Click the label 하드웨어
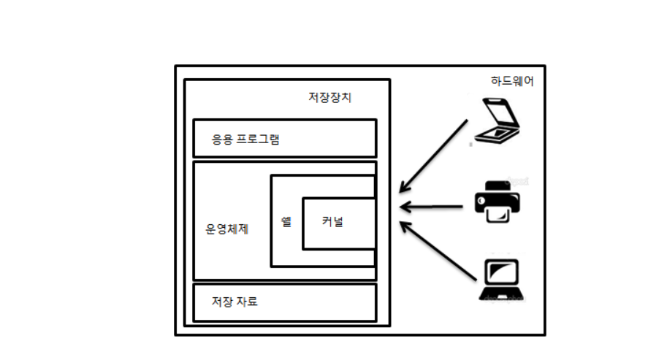click(x=512, y=82)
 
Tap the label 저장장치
click(x=330, y=98)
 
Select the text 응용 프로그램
click(x=245, y=139)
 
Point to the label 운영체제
click(x=227, y=229)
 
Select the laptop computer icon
click(x=502, y=280)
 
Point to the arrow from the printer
click(x=435, y=207)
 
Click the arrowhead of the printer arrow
click(x=404, y=207)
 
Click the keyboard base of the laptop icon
click(x=502, y=294)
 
